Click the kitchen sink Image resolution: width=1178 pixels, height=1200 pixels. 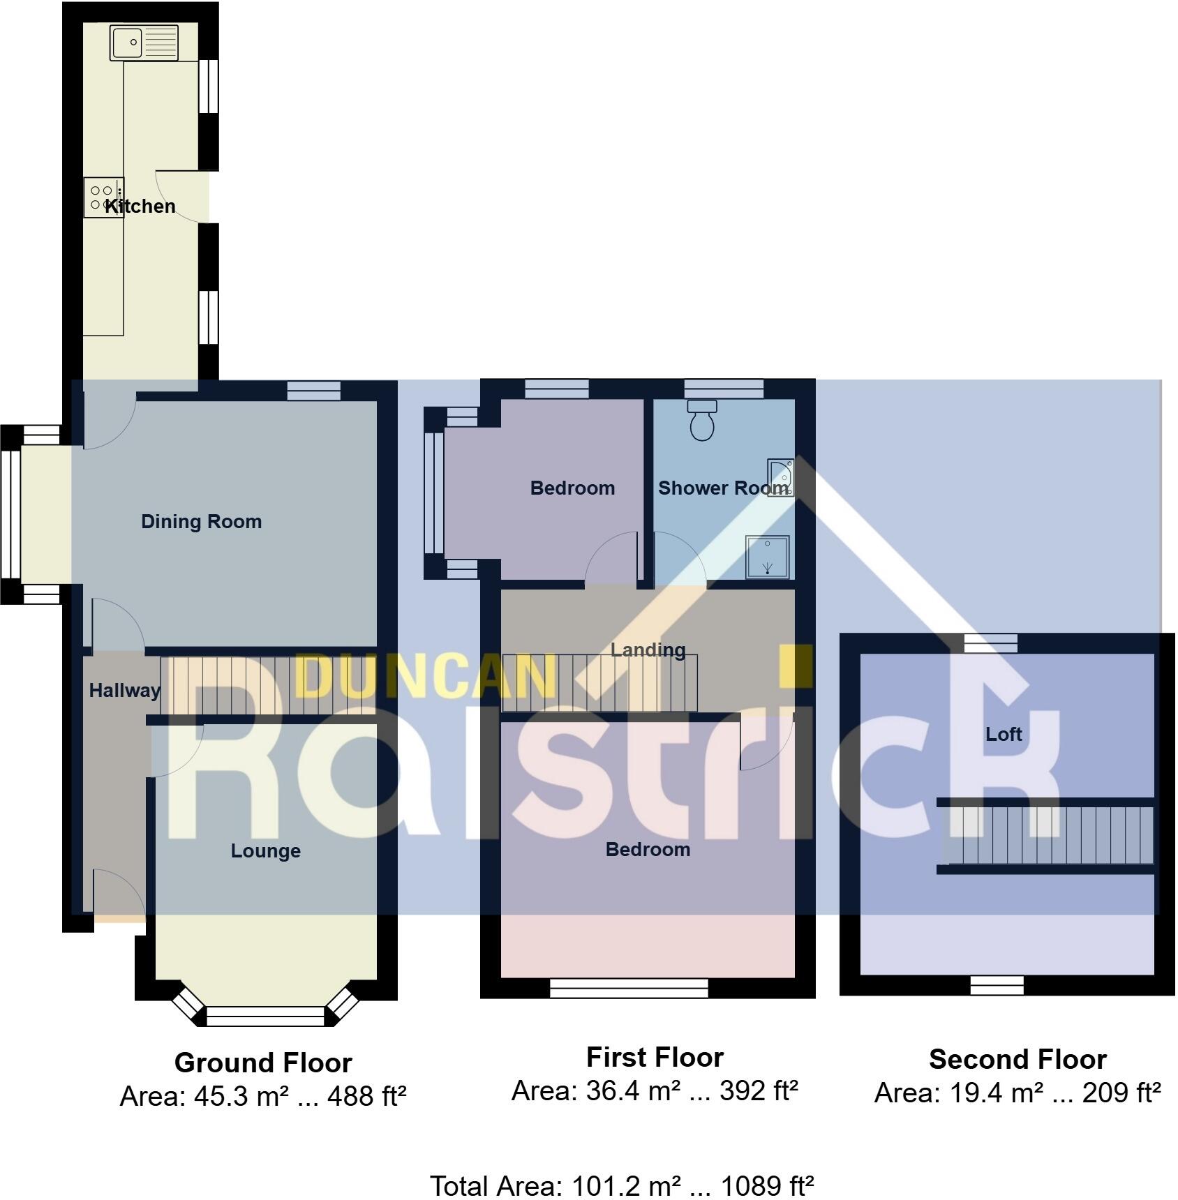(144, 43)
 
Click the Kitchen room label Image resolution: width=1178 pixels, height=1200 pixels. (140, 206)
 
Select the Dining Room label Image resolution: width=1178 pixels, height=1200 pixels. (201, 521)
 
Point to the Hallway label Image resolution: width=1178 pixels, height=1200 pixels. (124, 690)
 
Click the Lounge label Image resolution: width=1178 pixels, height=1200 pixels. (265, 850)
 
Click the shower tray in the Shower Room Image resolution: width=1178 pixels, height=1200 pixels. (768, 557)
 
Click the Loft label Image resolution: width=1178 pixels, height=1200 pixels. (1004, 734)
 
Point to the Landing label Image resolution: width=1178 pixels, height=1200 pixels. (648, 650)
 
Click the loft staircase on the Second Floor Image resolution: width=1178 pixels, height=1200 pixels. (1047, 835)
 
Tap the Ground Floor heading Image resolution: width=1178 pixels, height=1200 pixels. (263, 1063)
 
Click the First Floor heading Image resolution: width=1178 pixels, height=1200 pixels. (655, 1057)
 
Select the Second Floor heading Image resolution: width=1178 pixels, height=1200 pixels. (1017, 1059)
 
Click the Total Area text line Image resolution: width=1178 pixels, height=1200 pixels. (621, 1185)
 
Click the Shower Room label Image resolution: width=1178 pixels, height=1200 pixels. (723, 488)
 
